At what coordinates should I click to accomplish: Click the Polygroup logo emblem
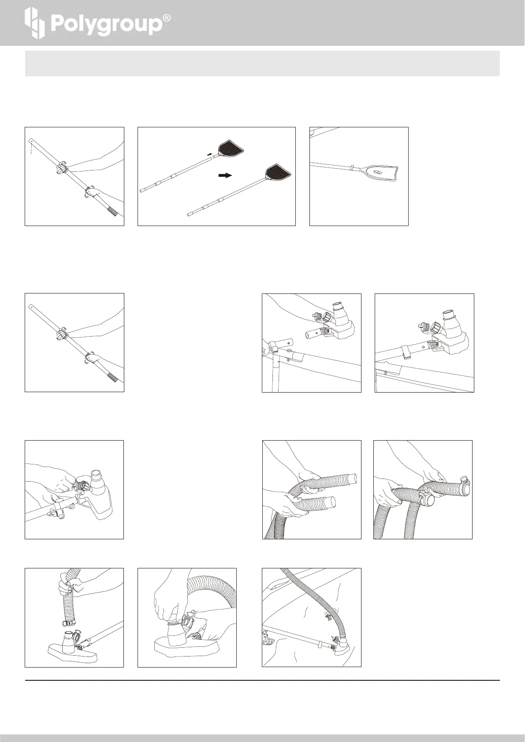coord(34,23)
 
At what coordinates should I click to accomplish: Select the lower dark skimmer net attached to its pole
coord(278,173)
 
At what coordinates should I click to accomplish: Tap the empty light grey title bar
coord(262,63)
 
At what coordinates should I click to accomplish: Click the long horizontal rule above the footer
coord(262,680)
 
